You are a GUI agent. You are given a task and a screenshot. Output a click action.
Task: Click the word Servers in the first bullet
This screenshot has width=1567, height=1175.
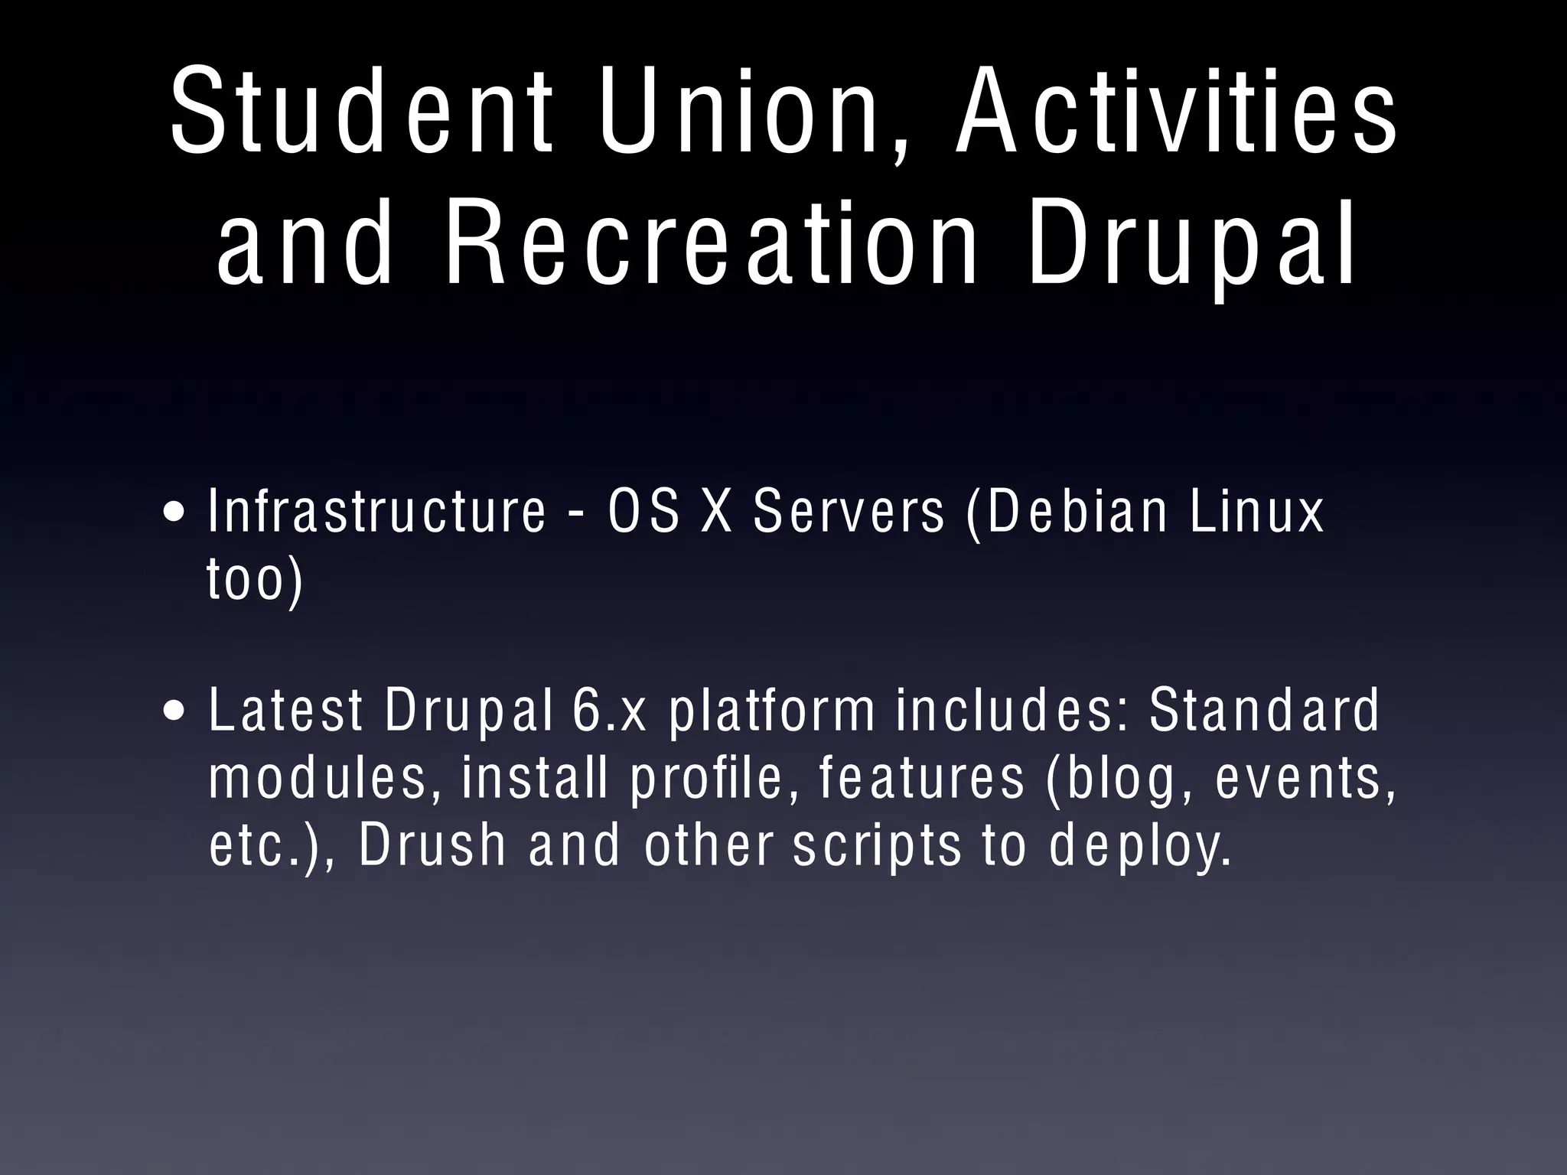click(849, 511)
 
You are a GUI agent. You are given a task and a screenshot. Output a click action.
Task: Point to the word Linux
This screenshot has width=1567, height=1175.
click(1256, 511)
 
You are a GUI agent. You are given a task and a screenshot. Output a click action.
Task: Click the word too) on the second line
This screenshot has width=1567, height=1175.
click(256, 579)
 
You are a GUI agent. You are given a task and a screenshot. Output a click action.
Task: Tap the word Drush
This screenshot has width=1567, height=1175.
click(433, 845)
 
